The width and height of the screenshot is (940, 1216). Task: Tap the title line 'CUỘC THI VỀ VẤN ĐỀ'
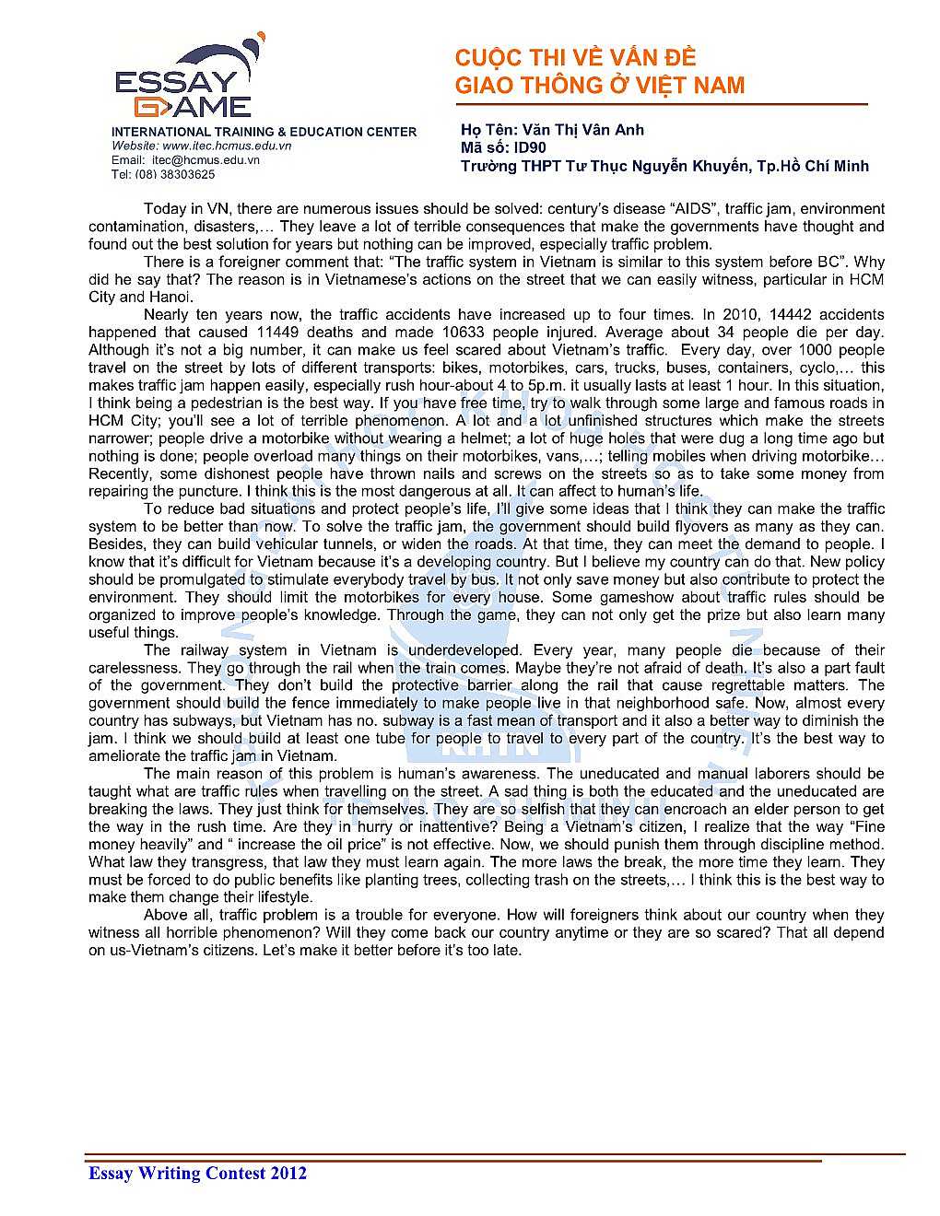coord(575,58)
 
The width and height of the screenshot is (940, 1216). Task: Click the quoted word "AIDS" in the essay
coord(690,209)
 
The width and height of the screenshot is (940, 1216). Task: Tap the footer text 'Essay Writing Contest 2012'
coord(197,1173)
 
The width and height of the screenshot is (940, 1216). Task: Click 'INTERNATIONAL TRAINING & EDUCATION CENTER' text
coord(264,132)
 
